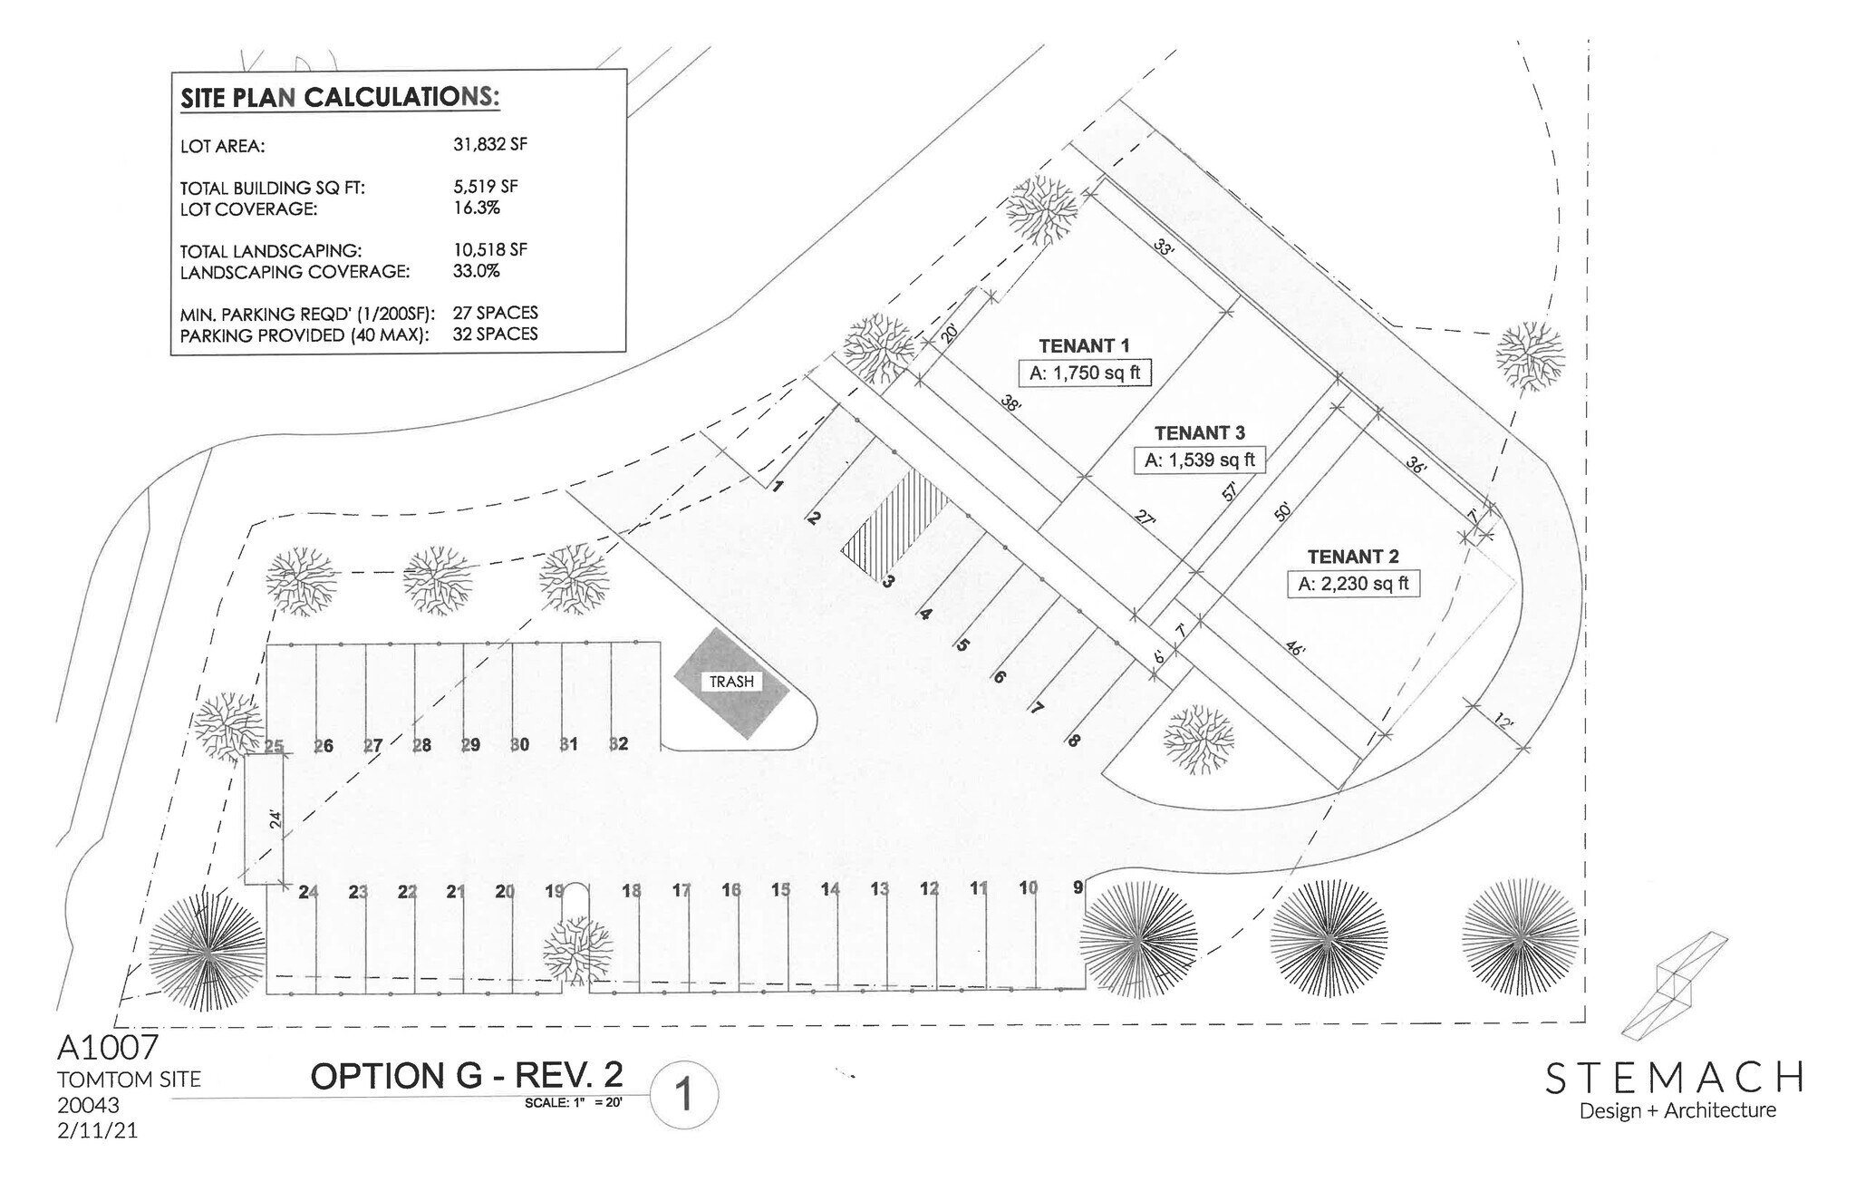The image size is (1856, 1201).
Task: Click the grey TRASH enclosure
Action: coord(731,683)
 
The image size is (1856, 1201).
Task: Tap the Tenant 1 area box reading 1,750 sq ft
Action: coord(1084,373)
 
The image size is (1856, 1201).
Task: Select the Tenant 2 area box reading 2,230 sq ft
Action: coord(1353,584)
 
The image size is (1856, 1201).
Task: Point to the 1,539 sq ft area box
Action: coord(1199,460)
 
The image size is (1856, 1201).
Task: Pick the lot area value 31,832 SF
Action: coord(490,144)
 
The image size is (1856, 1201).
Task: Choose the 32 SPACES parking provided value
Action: coord(495,334)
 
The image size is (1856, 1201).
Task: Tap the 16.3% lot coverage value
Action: coord(476,208)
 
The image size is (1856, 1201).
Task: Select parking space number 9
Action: coord(1078,887)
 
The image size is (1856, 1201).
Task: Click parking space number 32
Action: coord(618,744)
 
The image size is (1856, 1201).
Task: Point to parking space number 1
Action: coord(778,486)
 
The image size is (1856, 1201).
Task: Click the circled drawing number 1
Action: coord(683,1096)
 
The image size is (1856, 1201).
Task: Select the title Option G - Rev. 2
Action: coord(467,1076)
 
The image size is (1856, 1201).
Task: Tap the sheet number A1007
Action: coord(108,1048)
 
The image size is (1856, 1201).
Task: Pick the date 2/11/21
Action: coord(97,1130)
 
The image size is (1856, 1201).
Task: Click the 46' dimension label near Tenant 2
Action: coord(1295,650)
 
